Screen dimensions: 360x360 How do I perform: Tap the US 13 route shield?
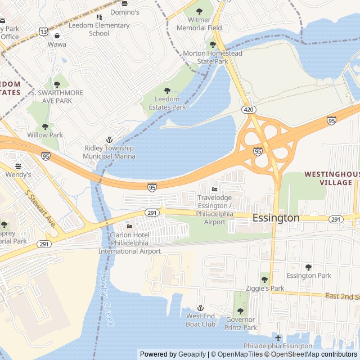click(43, 32)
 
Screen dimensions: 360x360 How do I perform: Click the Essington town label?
click(276, 218)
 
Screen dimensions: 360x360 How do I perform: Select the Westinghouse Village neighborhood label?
click(331, 178)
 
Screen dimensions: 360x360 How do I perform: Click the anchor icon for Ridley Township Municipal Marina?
click(110, 139)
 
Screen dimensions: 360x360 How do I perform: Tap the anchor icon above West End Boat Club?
click(201, 308)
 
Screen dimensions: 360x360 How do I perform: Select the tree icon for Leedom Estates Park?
click(166, 91)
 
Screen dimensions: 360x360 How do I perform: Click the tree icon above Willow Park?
click(46, 127)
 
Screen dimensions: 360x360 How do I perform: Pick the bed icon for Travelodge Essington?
click(214, 188)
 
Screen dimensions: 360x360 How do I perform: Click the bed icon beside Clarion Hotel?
click(129, 226)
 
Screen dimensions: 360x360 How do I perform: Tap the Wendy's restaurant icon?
click(18, 166)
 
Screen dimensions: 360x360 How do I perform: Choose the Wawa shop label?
click(57, 44)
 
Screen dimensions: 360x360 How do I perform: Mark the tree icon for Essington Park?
click(308, 267)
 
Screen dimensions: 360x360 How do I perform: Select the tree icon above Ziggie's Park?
click(264, 280)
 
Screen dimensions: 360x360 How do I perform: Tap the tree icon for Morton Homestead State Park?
click(212, 44)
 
